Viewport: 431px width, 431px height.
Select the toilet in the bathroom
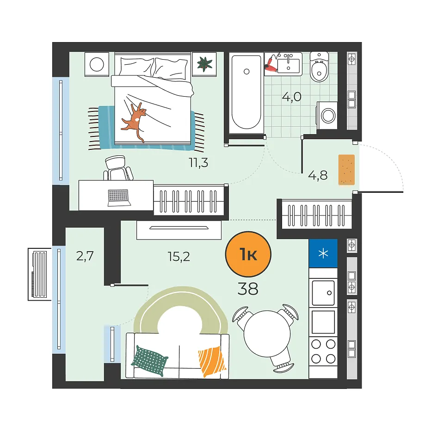[x=319, y=67]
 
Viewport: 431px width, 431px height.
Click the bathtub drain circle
[x=246, y=72]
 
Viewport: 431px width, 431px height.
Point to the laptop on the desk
[x=119, y=197]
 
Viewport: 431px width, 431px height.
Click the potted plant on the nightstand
[x=204, y=64]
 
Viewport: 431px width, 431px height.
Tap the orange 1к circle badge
[x=248, y=254]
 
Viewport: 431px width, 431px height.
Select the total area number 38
[x=248, y=289]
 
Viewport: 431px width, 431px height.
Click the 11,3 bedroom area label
[x=198, y=163]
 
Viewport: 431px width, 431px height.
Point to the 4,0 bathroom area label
[x=292, y=97]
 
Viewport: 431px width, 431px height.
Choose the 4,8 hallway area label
[x=318, y=175]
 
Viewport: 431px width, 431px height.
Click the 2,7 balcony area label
[x=85, y=256]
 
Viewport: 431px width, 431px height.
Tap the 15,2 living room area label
[x=179, y=257]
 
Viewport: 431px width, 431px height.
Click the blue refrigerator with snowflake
[x=323, y=253]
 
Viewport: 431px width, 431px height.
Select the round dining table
[x=267, y=334]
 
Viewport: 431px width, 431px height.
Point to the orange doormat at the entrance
[x=346, y=170]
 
